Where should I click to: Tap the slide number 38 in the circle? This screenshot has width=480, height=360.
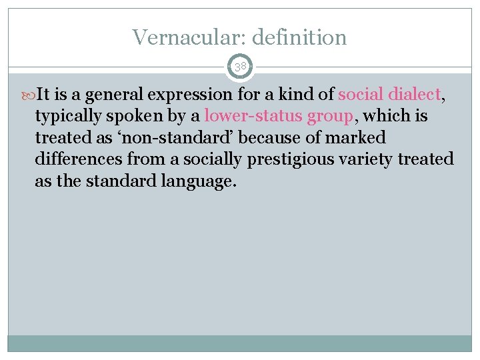[240, 66]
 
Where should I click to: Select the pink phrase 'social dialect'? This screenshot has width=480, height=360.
[389, 95]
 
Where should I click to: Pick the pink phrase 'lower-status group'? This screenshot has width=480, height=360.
[279, 116]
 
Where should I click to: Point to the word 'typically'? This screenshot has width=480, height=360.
[67, 117]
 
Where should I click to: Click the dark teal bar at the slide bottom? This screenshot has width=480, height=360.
[240, 343]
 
